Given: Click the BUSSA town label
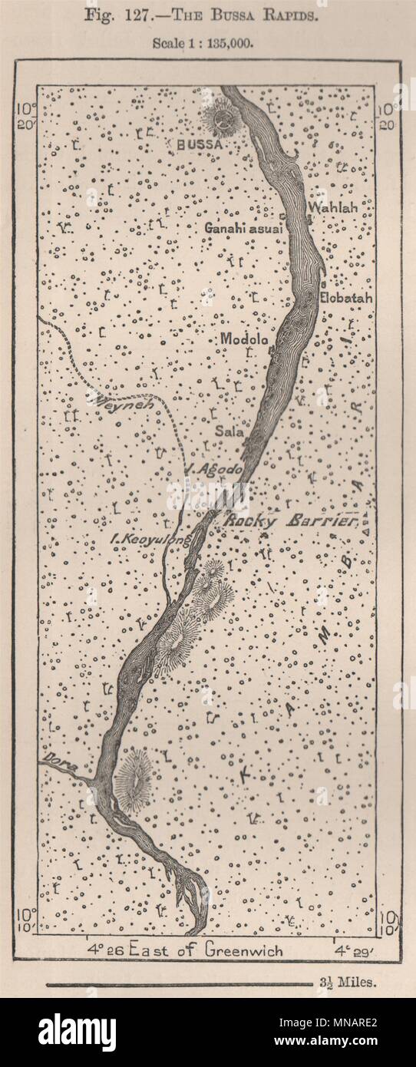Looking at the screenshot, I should coord(197,143).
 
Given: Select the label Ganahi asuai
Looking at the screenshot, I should coord(243,228).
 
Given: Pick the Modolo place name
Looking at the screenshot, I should coord(244,339).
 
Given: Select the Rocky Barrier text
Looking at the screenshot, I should coord(291,520).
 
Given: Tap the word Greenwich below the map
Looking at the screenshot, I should coord(243,950).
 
